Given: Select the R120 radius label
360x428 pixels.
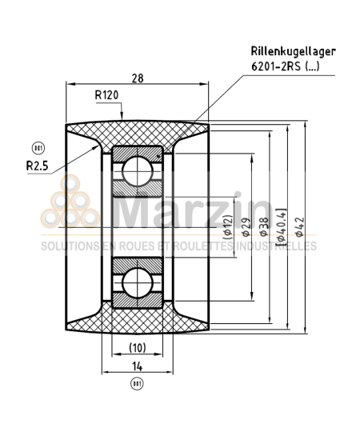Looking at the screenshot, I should [108, 96].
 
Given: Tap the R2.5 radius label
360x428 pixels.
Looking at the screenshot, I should [37, 166].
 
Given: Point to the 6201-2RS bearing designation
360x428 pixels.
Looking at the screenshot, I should [284, 67].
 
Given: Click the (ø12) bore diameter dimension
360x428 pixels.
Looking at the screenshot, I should [228, 227].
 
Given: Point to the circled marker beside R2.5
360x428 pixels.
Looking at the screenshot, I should [35, 148].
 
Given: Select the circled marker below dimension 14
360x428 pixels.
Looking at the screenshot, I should [137, 385].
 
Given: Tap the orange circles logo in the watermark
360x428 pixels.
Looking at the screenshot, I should [73, 204].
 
